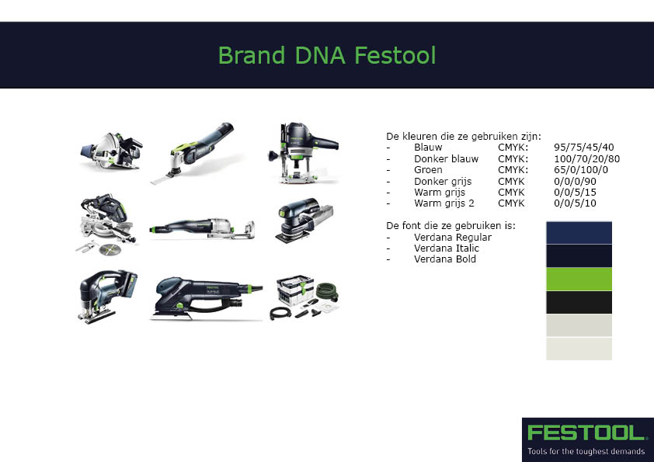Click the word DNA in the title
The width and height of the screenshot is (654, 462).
320,55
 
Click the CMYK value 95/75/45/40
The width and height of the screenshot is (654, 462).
583,148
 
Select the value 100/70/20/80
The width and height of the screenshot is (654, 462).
586,159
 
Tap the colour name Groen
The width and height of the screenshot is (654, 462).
428,170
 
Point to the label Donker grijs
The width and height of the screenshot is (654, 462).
443,182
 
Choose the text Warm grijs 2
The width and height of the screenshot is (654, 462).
444,203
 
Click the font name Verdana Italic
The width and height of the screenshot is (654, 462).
447,248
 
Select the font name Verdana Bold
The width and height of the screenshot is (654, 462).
444,259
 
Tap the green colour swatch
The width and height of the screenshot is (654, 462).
579,279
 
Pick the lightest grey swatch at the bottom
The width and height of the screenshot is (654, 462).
579,349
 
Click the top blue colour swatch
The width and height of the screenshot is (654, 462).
579,233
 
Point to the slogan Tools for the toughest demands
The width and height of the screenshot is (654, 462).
586,451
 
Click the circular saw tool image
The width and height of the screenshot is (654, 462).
111,151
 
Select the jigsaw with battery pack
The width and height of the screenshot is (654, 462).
108,296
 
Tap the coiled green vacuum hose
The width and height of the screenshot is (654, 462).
328,291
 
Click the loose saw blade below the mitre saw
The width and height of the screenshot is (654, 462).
110,250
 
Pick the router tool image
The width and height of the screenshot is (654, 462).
303,153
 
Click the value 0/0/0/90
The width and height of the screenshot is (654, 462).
575,182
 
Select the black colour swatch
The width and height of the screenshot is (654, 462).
579,302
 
